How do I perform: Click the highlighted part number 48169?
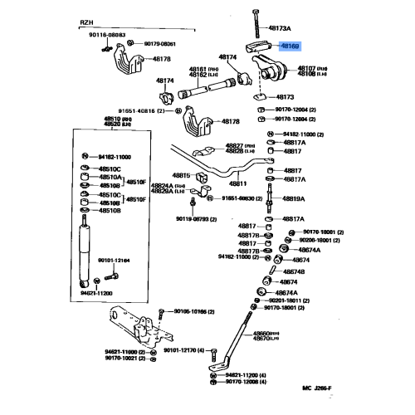pos(292,49)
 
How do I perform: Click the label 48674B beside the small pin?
pos(294,271)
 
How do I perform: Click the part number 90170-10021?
pos(124,360)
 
